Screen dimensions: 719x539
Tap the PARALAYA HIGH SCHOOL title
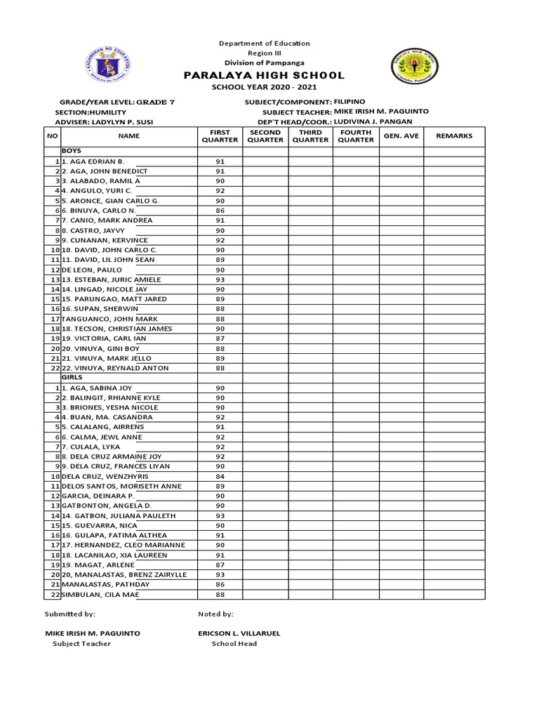[264, 75]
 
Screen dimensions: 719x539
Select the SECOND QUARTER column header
[265, 136]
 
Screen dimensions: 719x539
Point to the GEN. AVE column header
[401, 136]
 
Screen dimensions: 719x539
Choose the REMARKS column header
[454, 136]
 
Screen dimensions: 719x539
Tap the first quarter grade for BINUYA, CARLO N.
[220, 211]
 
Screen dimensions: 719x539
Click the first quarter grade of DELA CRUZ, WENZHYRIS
[220, 476]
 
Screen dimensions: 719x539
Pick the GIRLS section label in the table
[72, 378]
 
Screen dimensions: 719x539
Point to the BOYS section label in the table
[72, 151]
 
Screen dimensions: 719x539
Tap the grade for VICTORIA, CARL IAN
[220, 338]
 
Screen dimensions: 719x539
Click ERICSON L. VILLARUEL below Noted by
[239, 633]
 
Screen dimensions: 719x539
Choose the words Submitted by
[70, 614]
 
